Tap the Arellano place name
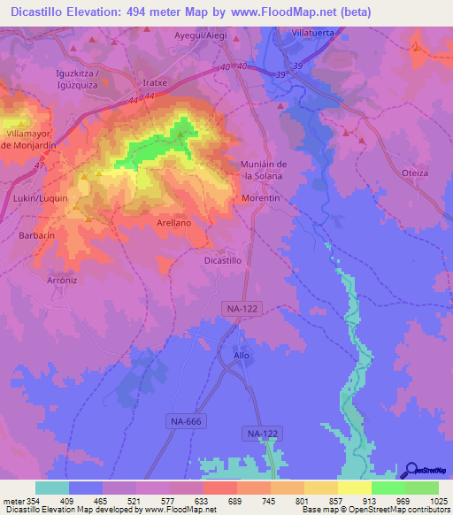[x=174, y=223]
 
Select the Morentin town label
[x=261, y=199]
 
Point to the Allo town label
[x=242, y=355]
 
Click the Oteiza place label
[x=415, y=173]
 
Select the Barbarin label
[x=37, y=236]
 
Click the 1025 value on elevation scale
[x=434, y=502]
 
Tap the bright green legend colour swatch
[x=388, y=488]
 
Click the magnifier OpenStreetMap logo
[x=410, y=471]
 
